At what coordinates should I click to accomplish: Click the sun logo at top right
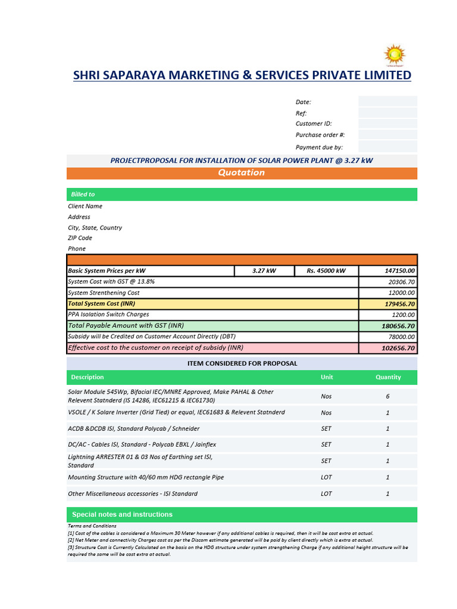[x=393, y=55]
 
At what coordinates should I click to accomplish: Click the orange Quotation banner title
[x=241, y=173]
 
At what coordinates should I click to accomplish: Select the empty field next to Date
[x=387, y=102]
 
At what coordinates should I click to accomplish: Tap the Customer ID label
[x=314, y=124]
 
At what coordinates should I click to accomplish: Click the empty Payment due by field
[x=387, y=147]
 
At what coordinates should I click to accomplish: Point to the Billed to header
[x=83, y=194]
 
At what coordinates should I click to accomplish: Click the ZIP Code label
[x=80, y=238]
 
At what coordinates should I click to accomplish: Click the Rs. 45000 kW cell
[x=326, y=271]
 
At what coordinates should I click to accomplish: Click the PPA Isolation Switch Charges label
[x=108, y=315]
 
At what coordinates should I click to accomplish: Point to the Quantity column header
[x=388, y=377]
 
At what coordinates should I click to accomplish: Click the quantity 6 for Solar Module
[x=388, y=396]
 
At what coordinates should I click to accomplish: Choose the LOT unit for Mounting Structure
[x=326, y=478]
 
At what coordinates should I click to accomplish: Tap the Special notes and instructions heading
[x=122, y=514]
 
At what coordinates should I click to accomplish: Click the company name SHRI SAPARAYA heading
[x=242, y=76]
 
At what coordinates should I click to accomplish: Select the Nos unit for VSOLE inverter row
[x=326, y=413]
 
